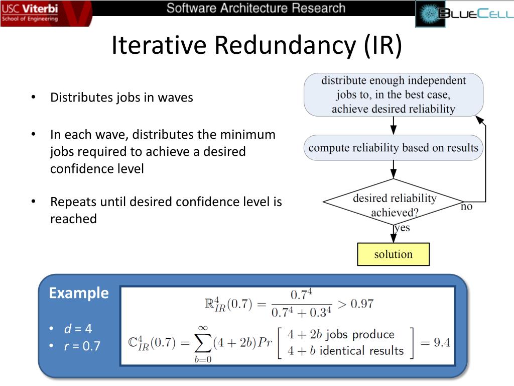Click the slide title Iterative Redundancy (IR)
(256, 45)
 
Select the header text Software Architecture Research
(256, 8)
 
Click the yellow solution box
(393, 254)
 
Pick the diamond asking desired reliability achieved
(393, 203)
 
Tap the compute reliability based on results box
(393, 148)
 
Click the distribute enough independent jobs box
(393, 94)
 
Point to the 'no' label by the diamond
(467, 207)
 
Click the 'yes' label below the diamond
(402, 228)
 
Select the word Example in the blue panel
(79, 293)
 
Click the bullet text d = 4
(78, 329)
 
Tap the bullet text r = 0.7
(82, 346)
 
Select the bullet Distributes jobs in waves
(121, 98)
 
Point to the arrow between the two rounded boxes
(394, 126)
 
